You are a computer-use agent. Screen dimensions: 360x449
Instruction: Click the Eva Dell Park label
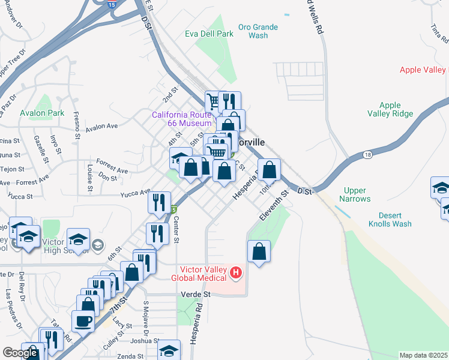point(209,34)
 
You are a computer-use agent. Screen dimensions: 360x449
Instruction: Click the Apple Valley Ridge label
point(390,109)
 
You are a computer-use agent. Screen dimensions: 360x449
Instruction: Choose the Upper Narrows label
point(355,194)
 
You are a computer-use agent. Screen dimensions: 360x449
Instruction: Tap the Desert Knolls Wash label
point(394,220)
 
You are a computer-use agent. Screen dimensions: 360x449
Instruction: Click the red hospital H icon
point(236,274)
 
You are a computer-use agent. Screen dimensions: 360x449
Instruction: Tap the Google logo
point(20,353)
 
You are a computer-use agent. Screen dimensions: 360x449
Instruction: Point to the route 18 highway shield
point(367,155)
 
